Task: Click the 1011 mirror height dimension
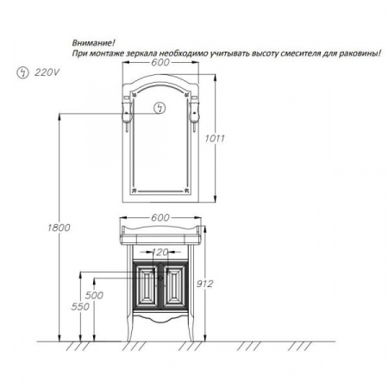pos(215,139)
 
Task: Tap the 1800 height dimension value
pos(59,228)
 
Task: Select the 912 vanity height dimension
pos(204,284)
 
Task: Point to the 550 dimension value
pos(80,307)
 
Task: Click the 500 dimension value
pos(94,295)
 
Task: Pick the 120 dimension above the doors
pos(160,252)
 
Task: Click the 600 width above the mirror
pos(160,62)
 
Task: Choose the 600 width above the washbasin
pos(160,217)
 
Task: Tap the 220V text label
pos(47,72)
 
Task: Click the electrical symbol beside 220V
pos(23,72)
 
